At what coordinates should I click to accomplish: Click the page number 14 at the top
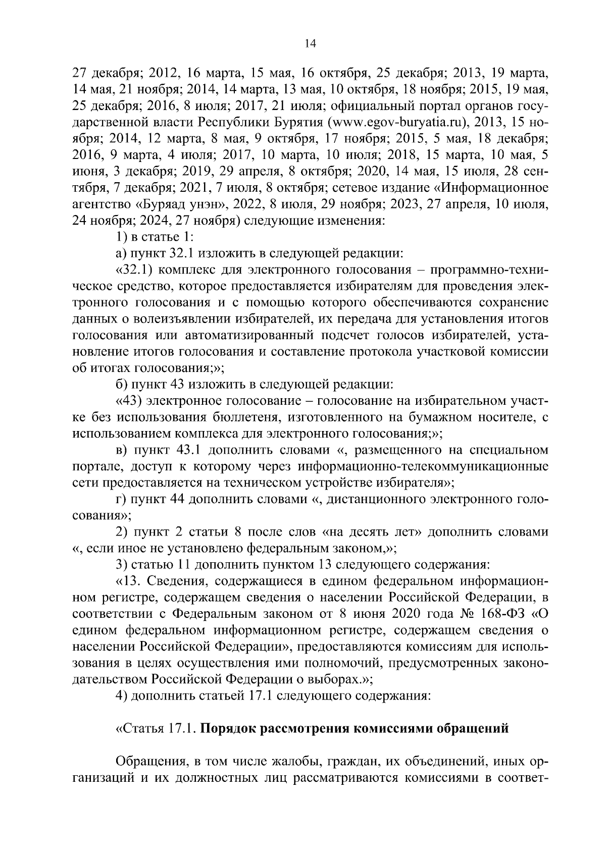(x=310, y=44)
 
